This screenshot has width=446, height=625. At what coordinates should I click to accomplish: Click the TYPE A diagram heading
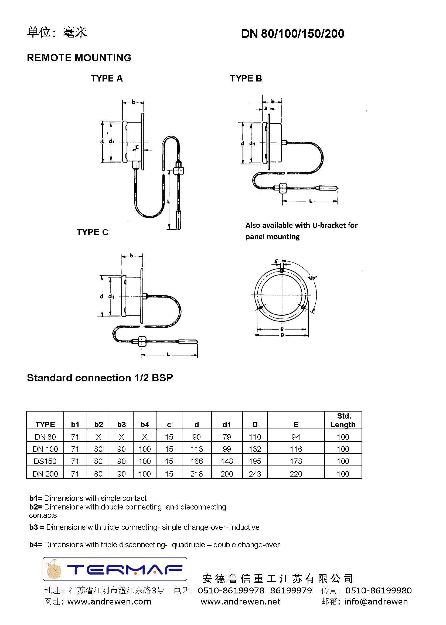click(x=107, y=79)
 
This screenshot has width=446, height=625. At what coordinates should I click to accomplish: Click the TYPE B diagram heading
click(x=246, y=79)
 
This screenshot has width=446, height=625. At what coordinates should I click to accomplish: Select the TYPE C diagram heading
click(x=92, y=232)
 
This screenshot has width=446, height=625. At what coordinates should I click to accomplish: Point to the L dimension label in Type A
click(x=169, y=202)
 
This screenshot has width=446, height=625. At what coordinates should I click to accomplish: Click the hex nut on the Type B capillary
click(x=282, y=188)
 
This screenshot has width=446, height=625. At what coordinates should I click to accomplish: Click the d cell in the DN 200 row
click(x=196, y=474)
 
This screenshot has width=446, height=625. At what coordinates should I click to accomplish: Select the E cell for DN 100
click(x=296, y=449)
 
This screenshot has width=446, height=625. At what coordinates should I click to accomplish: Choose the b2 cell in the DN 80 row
click(x=98, y=437)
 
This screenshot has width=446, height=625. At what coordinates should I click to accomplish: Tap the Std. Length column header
click(x=343, y=420)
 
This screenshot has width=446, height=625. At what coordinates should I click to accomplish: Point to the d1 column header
click(x=227, y=424)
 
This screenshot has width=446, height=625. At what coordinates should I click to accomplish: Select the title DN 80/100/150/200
click(x=292, y=34)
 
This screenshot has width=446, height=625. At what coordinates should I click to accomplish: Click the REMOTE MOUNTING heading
click(x=79, y=58)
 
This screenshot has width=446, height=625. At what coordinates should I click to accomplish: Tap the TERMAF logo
click(x=115, y=569)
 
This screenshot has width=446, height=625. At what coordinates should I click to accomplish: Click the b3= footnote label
click(x=36, y=527)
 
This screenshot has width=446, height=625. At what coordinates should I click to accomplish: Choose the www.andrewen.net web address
click(x=241, y=602)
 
